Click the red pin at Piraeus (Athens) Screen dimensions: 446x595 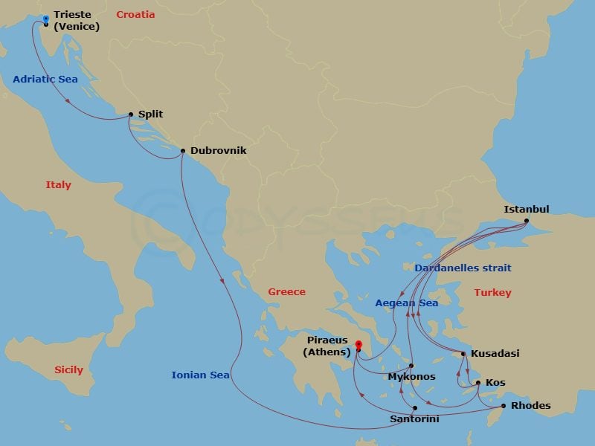(x=358, y=346)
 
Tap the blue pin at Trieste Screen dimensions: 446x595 (x=46, y=19)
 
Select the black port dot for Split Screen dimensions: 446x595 (x=131, y=114)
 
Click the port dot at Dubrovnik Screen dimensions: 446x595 (x=183, y=151)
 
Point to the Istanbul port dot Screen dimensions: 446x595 (x=526, y=221)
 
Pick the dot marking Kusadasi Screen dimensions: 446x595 (x=463, y=354)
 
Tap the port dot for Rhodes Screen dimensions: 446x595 (x=504, y=406)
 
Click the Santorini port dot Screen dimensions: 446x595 (x=414, y=408)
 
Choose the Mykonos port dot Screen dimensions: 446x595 (x=412, y=366)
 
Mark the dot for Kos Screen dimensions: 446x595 (x=478, y=383)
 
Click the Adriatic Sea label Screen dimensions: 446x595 (x=45, y=79)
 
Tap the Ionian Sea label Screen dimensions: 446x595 (x=200, y=375)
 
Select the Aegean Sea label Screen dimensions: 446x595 (x=406, y=303)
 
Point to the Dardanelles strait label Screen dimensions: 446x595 (x=463, y=268)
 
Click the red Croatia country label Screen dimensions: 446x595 (x=135, y=14)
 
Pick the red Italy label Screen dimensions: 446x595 (x=58, y=185)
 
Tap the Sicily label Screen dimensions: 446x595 (x=68, y=369)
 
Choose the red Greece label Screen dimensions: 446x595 (x=286, y=291)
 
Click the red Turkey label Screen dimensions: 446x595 (x=492, y=292)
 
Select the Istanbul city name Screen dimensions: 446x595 (x=526, y=209)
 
